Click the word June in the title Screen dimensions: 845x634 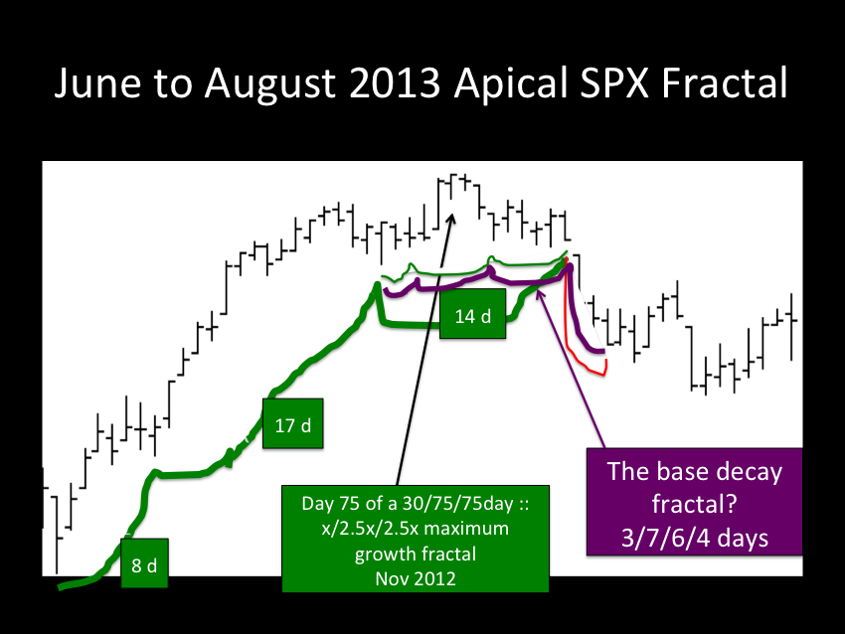point(97,83)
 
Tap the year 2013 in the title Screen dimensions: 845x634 point(395,82)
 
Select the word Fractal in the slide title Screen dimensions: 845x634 point(725,82)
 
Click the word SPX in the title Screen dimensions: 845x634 point(613,82)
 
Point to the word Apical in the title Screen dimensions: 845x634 point(511,84)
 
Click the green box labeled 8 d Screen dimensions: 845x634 point(144,562)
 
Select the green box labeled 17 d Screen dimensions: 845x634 point(293,423)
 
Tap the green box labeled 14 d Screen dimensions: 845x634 point(472,314)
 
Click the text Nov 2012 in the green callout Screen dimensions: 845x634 point(416,578)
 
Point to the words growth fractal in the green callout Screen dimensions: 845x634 point(416,554)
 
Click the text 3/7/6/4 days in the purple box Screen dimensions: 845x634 point(695,538)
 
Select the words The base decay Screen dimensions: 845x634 point(695,471)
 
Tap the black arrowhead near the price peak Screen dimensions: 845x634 point(451,219)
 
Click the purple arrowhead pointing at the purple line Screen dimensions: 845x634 point(540,293)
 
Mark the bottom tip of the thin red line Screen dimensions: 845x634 point(605,375)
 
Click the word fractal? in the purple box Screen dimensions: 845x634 point(695,504)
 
